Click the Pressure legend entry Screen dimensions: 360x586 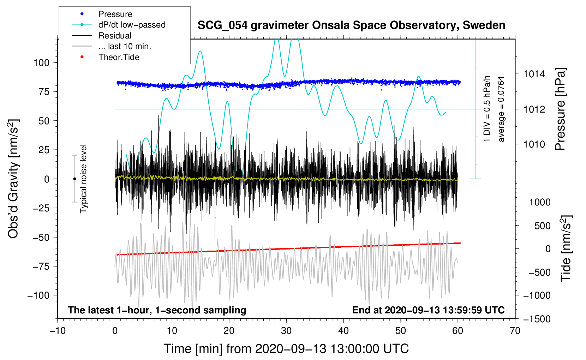coord(115,14)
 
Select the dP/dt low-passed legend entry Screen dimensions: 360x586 coord(132,25)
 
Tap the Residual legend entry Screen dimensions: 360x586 coord(115,36)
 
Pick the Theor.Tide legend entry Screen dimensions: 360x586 coord(119,57)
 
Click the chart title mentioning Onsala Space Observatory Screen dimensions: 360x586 coord(351,25)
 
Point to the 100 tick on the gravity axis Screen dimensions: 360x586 coord(41,63)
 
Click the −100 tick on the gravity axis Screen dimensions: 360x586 coord(39,295)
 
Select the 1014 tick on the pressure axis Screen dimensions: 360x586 coord(534,74)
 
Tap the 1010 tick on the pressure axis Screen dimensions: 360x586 coord(534,144)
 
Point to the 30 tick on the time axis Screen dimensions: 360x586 coord(286,331)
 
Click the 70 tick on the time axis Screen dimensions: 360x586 coord(515,331)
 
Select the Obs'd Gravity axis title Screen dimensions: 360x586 coord(13,179)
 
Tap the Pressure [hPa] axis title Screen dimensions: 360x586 coord(560,109)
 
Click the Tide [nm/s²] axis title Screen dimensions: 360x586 coord(566,248)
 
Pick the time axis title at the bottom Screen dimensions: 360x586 coord(286,349)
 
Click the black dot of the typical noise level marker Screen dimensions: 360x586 coord(74,179)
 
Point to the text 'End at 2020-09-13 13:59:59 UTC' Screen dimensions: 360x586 coord(428,310)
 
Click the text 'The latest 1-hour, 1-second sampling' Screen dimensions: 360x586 coord(157,310)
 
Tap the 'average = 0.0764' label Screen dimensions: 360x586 coord(501,109)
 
